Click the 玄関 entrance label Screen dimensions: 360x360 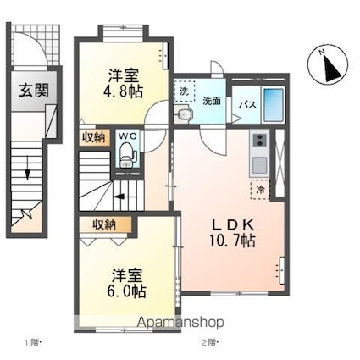click(x=34, y=91)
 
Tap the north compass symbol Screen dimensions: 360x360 click(x=328, y=64)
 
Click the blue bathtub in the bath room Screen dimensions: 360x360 click(x=273, y=104)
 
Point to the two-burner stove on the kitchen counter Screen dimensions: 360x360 click(x=260, y=140)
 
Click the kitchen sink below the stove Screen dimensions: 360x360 click(x=260, y=165)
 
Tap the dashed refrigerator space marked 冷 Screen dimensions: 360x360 click(x=260, y=190)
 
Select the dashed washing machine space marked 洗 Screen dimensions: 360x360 click(x=184, y=91)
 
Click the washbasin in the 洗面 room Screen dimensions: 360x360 click(x=183, y=114)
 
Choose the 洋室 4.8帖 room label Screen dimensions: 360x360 click(x=125, y=84)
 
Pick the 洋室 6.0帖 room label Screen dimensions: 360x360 click(x=127, y=283)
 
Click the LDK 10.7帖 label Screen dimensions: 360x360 click(x=232, y=233)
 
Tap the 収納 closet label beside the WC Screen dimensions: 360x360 click(x=94, y=137)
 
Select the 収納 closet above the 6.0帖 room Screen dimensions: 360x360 click(x=104, y=224)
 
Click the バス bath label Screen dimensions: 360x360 click(x=248, y=105)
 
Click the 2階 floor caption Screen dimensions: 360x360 click(x=208, y=343)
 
